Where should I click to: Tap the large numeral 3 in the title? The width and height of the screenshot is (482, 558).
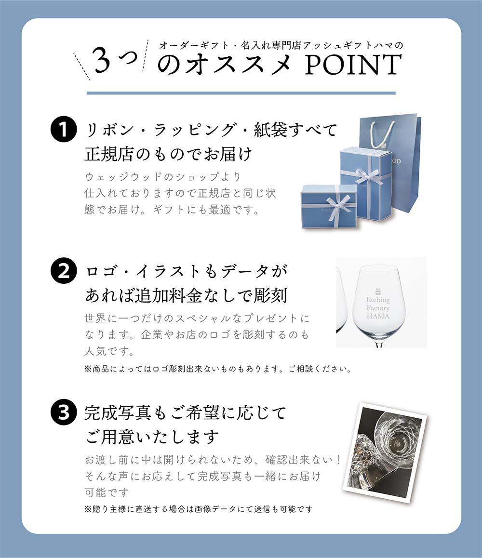(107, 61)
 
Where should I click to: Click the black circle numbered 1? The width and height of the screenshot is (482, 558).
(64, 130)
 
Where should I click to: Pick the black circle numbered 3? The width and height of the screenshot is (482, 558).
(64, 412)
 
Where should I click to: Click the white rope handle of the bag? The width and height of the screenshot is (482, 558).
(381, 133)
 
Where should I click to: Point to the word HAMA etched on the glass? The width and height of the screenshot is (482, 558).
(377, 317)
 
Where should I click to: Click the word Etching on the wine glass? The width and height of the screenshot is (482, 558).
(377, 300)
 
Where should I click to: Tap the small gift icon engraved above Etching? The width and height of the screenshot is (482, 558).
(378, 291)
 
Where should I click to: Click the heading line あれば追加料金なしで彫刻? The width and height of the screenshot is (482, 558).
(186, 295)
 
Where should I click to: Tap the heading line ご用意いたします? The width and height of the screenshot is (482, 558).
(152, 438)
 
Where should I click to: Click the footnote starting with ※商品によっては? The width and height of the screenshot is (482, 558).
(217, 369)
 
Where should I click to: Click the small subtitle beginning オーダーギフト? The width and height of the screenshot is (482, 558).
(281, 45)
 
